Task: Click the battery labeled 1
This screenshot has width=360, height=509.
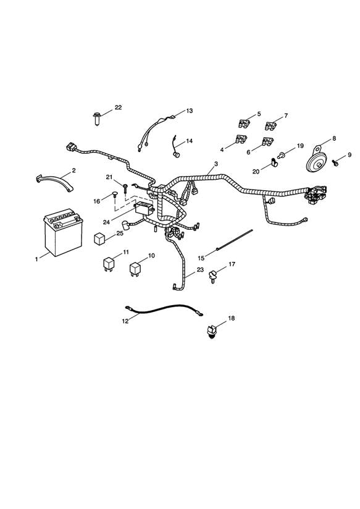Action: pos(63,232)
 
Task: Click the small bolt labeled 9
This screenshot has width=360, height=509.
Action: pos(335,162)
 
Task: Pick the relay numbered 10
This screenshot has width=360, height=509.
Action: pos(135,269)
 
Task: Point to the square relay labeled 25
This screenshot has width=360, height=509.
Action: pos(99,238)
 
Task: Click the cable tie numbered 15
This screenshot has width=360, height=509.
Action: pos(234,240)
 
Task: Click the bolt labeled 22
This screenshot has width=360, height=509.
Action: pos(97,119)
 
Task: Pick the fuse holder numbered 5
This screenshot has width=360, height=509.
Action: pos(244,124)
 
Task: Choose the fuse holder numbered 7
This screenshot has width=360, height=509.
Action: pos(270,125)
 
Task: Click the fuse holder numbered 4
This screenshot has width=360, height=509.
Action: pos(241,140)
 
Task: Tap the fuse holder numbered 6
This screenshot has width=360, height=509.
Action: pos(268,142)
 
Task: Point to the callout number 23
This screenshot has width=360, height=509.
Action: pos(200,269)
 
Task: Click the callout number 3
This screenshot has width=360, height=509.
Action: pos(216,164)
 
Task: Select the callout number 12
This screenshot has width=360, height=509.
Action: pos(125,321)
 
